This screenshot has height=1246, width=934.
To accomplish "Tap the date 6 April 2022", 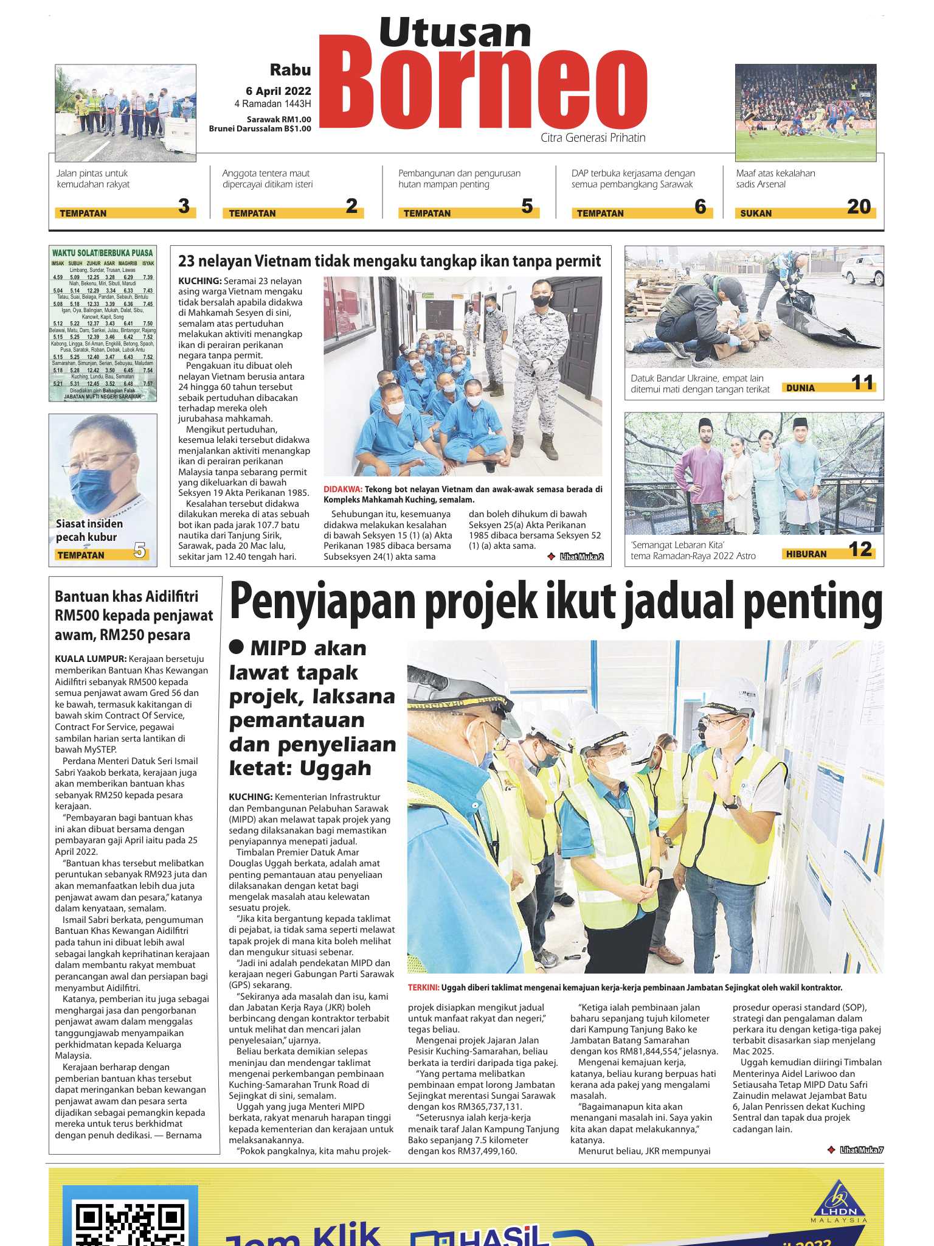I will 278,91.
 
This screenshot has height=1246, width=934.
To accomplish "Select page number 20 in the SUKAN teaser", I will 859,207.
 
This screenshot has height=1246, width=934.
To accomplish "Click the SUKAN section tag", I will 756,214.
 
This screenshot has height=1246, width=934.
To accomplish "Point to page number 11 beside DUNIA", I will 862,383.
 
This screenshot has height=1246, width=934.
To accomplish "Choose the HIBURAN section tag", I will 806,554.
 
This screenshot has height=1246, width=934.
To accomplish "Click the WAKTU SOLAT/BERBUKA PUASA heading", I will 102,252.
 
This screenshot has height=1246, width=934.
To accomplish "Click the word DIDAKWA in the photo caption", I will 342,489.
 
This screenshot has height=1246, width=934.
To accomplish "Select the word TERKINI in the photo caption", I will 423,987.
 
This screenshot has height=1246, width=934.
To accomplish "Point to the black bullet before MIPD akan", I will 236,647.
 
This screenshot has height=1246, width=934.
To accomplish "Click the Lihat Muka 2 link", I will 581,556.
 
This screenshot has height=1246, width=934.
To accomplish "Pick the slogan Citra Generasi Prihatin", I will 593,138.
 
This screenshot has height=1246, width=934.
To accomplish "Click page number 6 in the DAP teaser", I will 700,207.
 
